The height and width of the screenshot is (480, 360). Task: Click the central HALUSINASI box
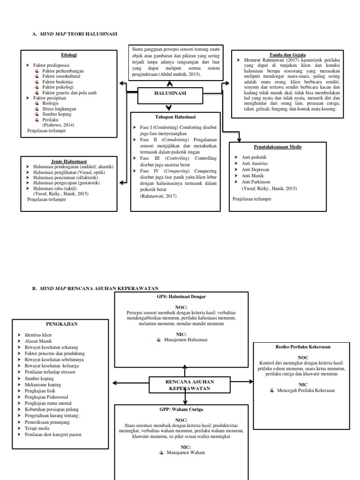(170, 94)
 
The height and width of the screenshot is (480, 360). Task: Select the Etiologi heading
(68, 55)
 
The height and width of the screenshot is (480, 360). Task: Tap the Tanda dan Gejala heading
(287, 54)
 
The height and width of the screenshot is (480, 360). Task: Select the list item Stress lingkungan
(59, 109)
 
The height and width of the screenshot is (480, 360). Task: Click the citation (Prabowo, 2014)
(58, 125)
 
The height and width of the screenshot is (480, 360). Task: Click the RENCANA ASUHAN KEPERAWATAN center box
(185, 385)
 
